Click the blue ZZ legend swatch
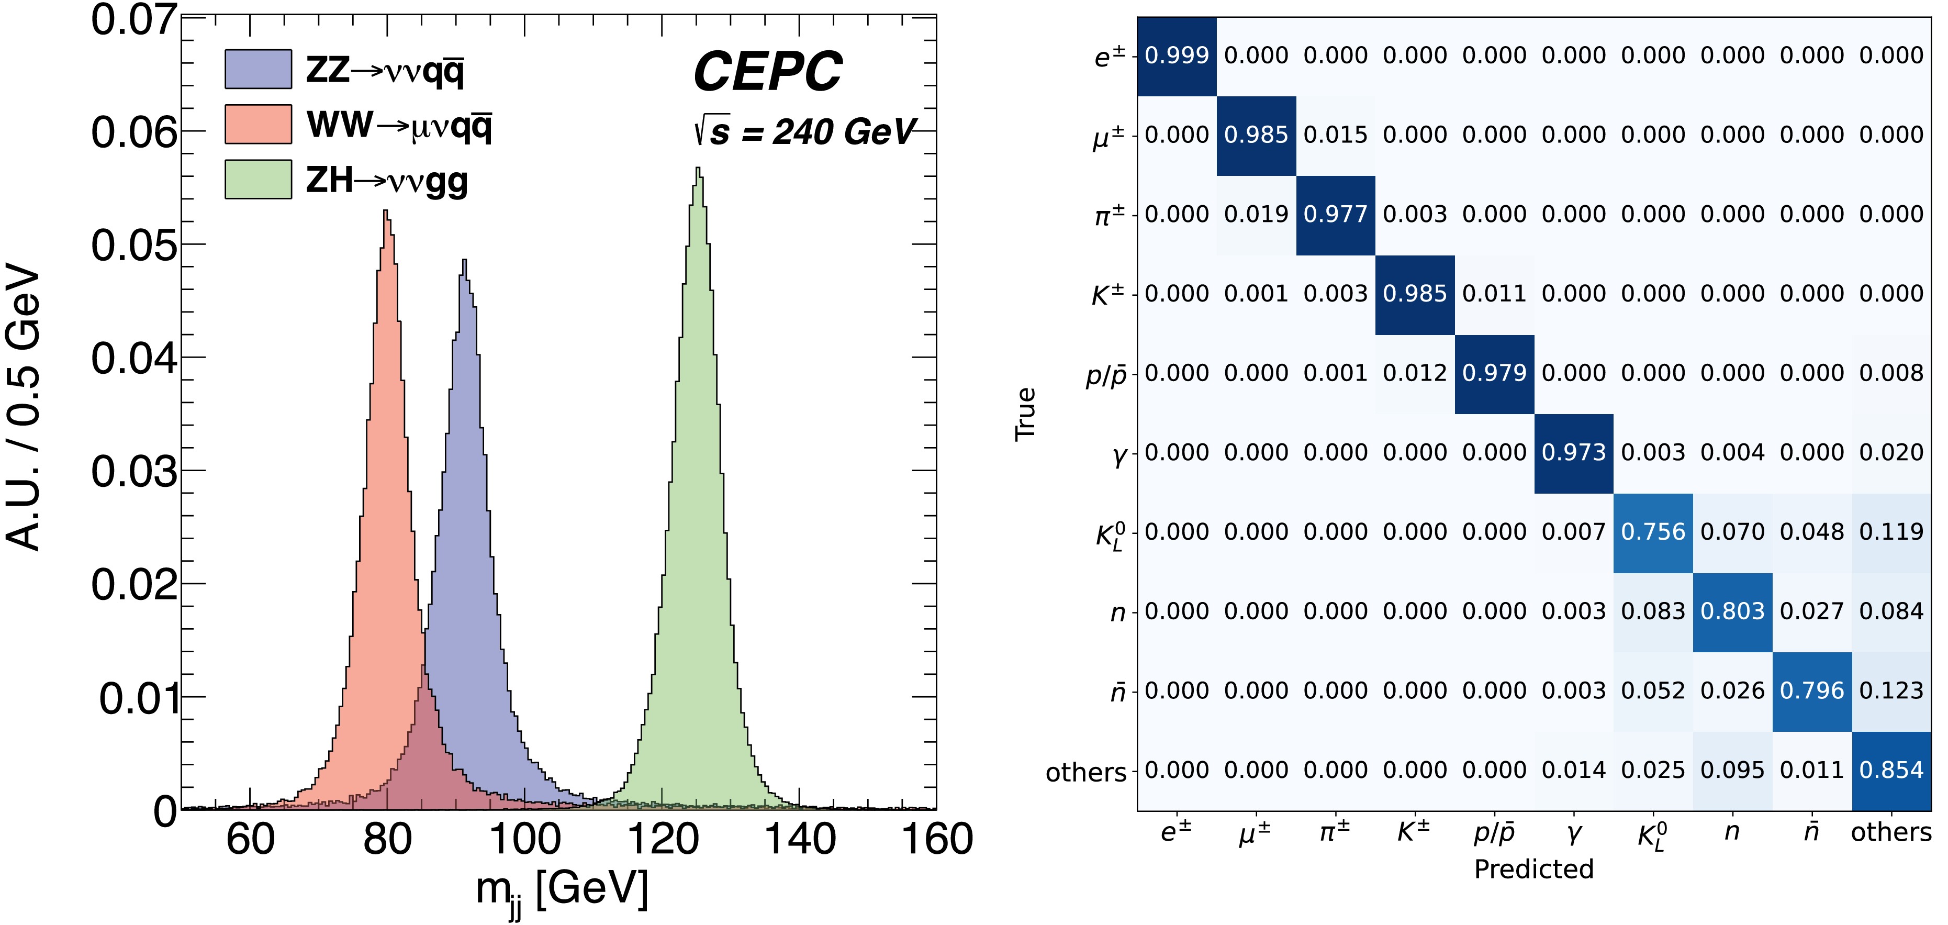click(x=258, y=69)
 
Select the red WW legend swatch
click(x=258, y=124)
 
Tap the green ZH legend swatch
click(x=258, y=179)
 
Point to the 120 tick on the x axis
click(x=663, y=839)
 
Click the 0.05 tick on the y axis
click(x=134, y=245)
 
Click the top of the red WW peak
click(x=386, y=213)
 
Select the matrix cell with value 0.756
click(x=1653, y=532)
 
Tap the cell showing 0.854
click(x=1891, y=771)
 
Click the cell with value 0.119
click(x=1891, y=532)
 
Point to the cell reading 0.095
click(x=1732, y=771)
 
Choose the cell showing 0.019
click(x=1256, y=215)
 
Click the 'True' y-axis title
click(x=1025, y=415)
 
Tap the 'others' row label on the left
click(x=1086, y=772)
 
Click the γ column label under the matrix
click(x=1574, y=833)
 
